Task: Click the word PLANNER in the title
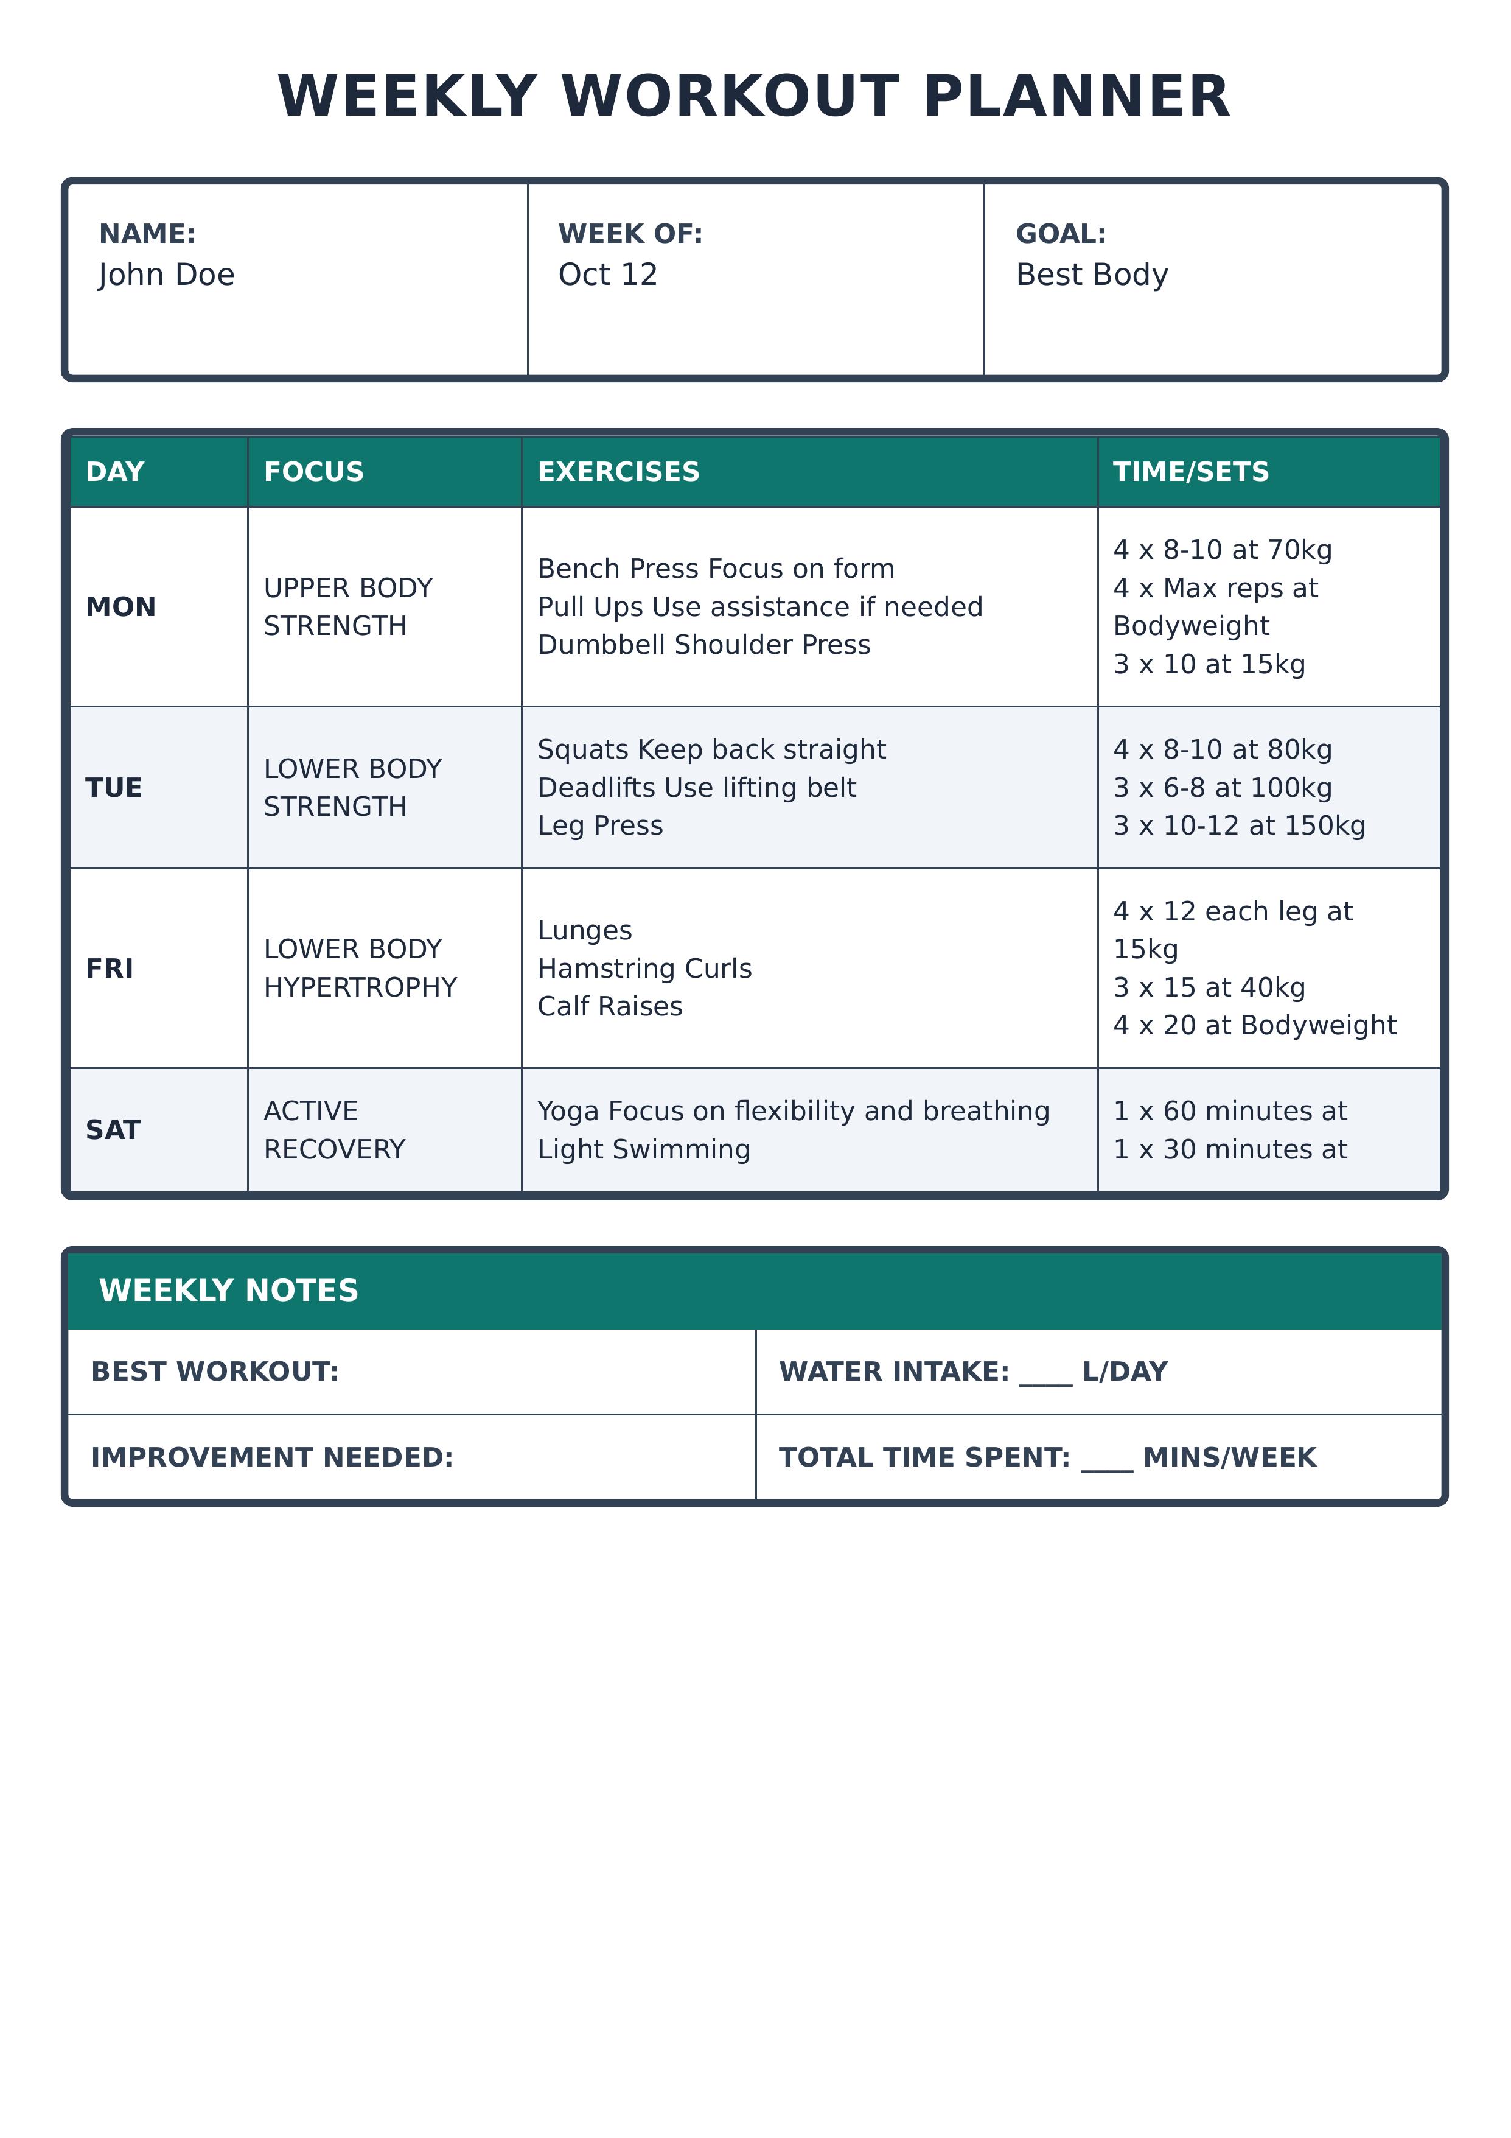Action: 1077,97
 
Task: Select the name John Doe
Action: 167,275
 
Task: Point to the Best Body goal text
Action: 1091,275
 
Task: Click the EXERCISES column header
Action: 618,472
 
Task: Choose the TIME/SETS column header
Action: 1191,472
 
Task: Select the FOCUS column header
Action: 314,472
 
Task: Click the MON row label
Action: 121,607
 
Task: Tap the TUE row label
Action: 114,788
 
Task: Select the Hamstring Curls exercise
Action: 644,969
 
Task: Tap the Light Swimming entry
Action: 643,1149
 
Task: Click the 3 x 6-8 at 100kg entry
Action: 1223,788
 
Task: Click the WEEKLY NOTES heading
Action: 229,1291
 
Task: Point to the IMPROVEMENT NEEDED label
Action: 272,1457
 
